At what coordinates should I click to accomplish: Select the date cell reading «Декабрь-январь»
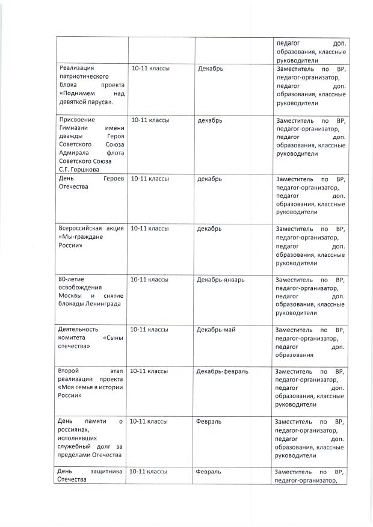(x=220, y=280)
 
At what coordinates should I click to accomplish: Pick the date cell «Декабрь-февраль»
(x=222, y=371)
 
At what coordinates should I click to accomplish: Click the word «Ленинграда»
(x=100, y=303)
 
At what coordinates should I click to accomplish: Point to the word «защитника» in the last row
(x=107, y=472)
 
